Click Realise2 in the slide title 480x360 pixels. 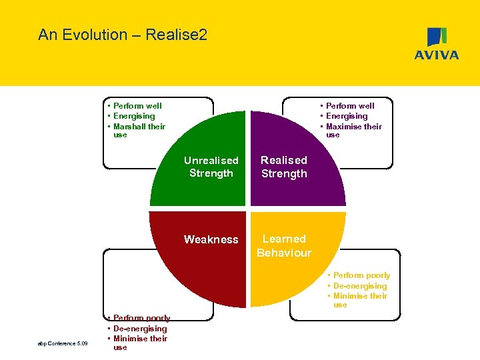[179, 35]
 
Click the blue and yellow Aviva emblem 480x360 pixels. [437, 37]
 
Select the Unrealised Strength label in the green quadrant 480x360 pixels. [211, 167]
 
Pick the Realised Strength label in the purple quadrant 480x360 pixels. [284, 167]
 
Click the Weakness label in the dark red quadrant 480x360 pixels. [211, 239]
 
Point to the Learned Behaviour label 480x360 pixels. [284, 245]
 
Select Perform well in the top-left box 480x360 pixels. [137, 106]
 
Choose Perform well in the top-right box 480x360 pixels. [350, 106]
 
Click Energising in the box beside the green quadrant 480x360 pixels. [134, 116]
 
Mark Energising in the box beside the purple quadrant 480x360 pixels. [347, 116]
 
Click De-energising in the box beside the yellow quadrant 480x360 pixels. [360, 286]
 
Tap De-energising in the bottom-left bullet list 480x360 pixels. [140, 329]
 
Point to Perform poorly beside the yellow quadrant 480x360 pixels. [361, 275]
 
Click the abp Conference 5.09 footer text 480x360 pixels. [63, 344]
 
